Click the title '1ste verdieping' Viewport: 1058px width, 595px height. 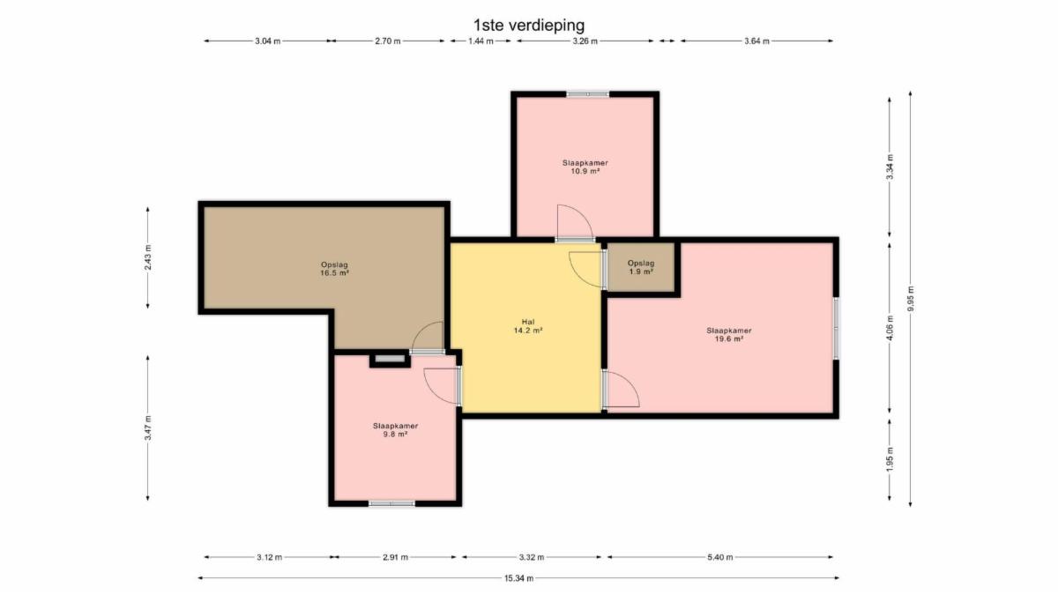tap(529, 25)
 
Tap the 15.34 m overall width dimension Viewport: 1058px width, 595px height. tap(518, 578)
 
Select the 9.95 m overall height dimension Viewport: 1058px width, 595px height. tap(911, 299)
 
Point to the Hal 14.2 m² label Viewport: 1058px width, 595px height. tap(528, 326)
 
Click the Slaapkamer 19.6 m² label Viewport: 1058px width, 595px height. tap(729, 334)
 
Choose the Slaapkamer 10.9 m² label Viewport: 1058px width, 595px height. tap(585, 167)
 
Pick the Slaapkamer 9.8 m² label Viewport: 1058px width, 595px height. tap(395, 430)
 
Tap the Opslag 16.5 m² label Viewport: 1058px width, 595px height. tap(334, 269)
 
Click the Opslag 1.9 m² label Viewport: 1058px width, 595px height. tap(641, 267)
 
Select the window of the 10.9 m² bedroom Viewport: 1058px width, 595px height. tap(587, 94)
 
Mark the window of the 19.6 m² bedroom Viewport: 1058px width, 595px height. tap(836, 328)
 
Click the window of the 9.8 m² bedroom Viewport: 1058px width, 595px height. tap(391, 504)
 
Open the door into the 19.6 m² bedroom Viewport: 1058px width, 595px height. tap(621, 389)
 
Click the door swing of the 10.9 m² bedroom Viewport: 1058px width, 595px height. tap(575, 223)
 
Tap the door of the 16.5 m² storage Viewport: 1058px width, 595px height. tap(428, 338)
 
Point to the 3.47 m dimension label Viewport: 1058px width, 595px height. tap(148, 428)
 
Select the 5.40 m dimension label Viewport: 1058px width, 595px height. tap(720, 557)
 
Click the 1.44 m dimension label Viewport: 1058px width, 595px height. tap(481, 41)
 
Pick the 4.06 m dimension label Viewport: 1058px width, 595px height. tap(890, 328)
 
